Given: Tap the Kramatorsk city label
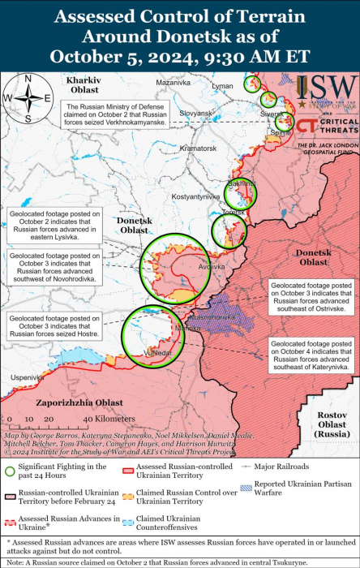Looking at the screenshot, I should tap(198, 149).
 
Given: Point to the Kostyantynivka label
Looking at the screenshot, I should tap(193, 197).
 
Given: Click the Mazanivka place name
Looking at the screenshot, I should tap(173, 83).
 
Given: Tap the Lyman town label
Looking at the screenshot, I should tap(221, 86).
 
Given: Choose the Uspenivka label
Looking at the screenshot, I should tap(26, 377).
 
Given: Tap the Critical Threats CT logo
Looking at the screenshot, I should tap(306, 125).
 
